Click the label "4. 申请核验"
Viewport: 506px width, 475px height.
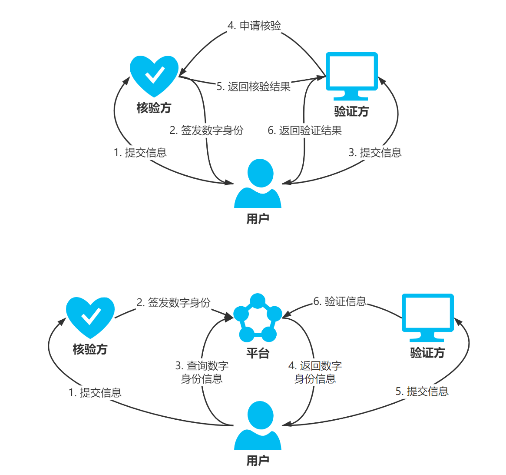tap(255, 26)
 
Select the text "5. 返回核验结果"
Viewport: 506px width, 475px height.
tap(254, 87)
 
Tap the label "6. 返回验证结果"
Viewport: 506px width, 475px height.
tap(304, 130)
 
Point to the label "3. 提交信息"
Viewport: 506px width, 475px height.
tap(375, 153)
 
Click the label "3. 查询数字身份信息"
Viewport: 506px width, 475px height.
tap(202, 372)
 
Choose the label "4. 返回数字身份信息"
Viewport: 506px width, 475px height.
tap(315, 372)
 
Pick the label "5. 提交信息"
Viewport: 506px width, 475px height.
tap(422, 391)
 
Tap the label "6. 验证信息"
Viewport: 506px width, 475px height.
tap(340, 301)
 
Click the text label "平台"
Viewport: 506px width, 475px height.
tap(258, 353)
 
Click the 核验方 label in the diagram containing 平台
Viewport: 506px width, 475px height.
tap(90, 349)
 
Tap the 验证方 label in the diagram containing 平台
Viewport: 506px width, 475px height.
tap(427, 353)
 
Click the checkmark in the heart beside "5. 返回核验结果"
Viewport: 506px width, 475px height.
tap(155, 75)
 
